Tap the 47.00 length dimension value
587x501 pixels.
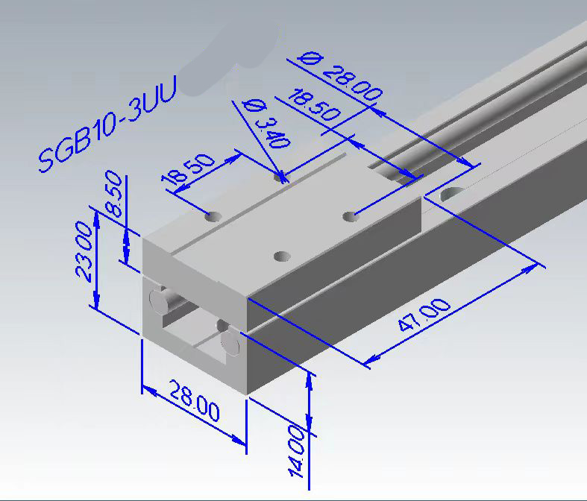point(424,315)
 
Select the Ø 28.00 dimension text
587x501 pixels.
point(340,78)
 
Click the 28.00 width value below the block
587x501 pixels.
point(194,400)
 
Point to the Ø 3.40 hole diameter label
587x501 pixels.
point(266,124)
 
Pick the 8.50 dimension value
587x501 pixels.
point(114,194)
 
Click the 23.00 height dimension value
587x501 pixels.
point(84,250)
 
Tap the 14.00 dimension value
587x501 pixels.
point(297,452)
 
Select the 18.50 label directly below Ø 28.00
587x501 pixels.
point(314,105)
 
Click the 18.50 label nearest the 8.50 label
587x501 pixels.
point(188,168)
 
